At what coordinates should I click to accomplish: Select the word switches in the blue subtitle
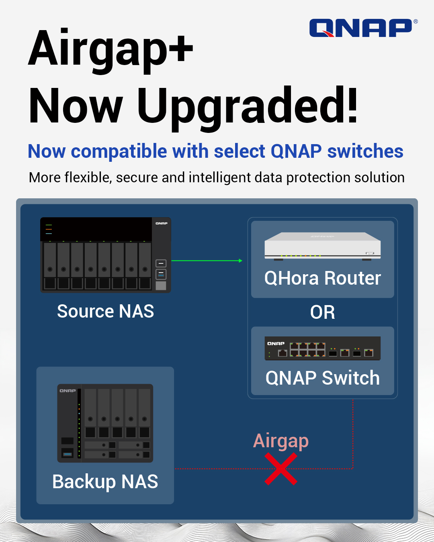pyautogui.click(x=365, y=152)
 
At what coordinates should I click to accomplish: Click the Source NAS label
pyautogui.click(x=105, y=312)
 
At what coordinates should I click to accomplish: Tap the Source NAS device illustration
pyautogui.click(x=105, y=255)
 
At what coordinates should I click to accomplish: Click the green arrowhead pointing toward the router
pyautogui.click(x=240, y=261)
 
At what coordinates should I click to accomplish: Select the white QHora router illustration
pyautogui.click(x=322, y=246)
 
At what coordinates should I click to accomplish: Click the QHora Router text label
pyautogui.click(x=322, y=278)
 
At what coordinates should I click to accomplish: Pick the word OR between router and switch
pyautogui.click(x=322, y=312)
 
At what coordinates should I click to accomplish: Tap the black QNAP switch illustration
pyautogui.click(x=322, y=348)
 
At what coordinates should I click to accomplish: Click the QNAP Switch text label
pyautogui.click(x=322, y=378)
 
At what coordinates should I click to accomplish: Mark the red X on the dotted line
pyautogui.click(x=281, y=469)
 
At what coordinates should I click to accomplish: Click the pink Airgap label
pyautogui.click(x=281, y=441)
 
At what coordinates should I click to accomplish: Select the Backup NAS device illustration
pyautogui.click(x=105, y=423)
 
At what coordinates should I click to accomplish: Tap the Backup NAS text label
pyautogui.click(x=105, y=482)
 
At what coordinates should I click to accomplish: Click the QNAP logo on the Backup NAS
pyautogui.click(x=68, y=391)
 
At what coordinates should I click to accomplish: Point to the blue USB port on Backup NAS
pyautogui.click(x=67, y=454)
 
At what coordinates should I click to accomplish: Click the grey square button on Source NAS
pyautogui.click(x=161, y=285)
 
